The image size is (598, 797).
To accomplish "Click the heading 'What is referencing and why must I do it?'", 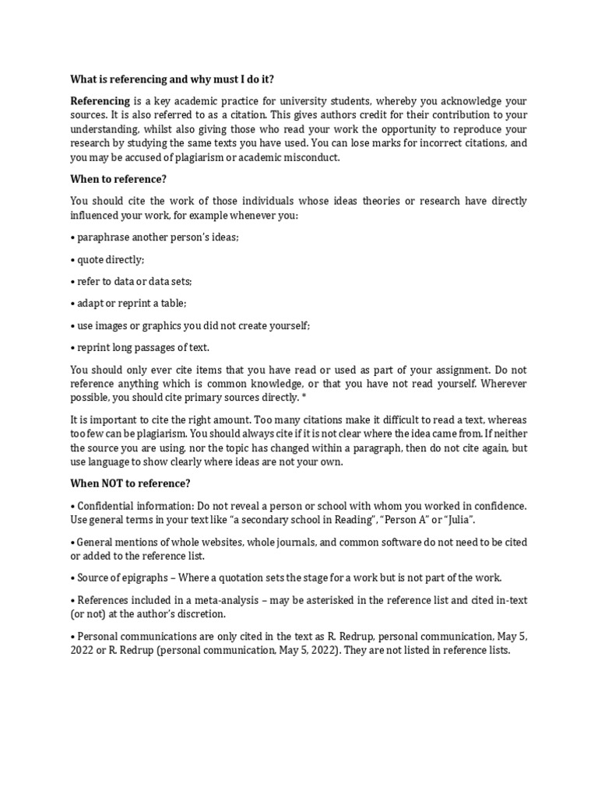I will point(173,79).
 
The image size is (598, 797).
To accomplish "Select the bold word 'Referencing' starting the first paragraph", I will point(100,102).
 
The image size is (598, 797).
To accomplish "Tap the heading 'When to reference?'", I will point(118,179).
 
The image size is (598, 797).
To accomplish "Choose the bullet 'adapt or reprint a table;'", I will point(128,304).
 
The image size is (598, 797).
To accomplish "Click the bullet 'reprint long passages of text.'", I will point(140,348).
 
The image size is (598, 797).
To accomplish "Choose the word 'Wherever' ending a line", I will point(501,384).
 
